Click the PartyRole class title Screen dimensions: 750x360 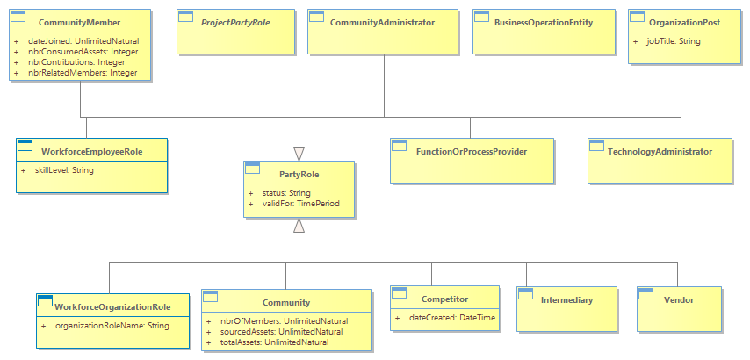coord(299,175)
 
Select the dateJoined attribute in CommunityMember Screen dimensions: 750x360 coord(83,40)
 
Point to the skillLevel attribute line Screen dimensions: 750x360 coord(63,169)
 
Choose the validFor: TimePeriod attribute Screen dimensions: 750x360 coord(301,204)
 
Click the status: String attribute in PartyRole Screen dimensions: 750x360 coord(286,193)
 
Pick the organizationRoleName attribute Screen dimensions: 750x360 coord(112,326)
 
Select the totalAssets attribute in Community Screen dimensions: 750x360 coord(274,342)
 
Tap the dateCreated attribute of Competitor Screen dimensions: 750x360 coord(452,318)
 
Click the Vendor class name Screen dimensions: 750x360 coord(679,300)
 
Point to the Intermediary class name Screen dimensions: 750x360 coord(566,300)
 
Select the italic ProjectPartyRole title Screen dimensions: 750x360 coord(236,23)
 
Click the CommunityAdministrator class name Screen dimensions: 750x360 coord(382,23)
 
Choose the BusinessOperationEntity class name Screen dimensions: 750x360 coord(544,23)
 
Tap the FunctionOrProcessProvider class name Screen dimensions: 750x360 coord(472,152)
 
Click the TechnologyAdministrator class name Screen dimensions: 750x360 coord(660,152)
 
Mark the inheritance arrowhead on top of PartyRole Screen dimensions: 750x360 coord(299,154)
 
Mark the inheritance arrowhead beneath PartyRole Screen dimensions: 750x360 coord(299,225)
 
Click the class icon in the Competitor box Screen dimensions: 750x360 coord(398,292)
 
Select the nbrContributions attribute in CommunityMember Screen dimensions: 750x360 coord(76,62)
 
